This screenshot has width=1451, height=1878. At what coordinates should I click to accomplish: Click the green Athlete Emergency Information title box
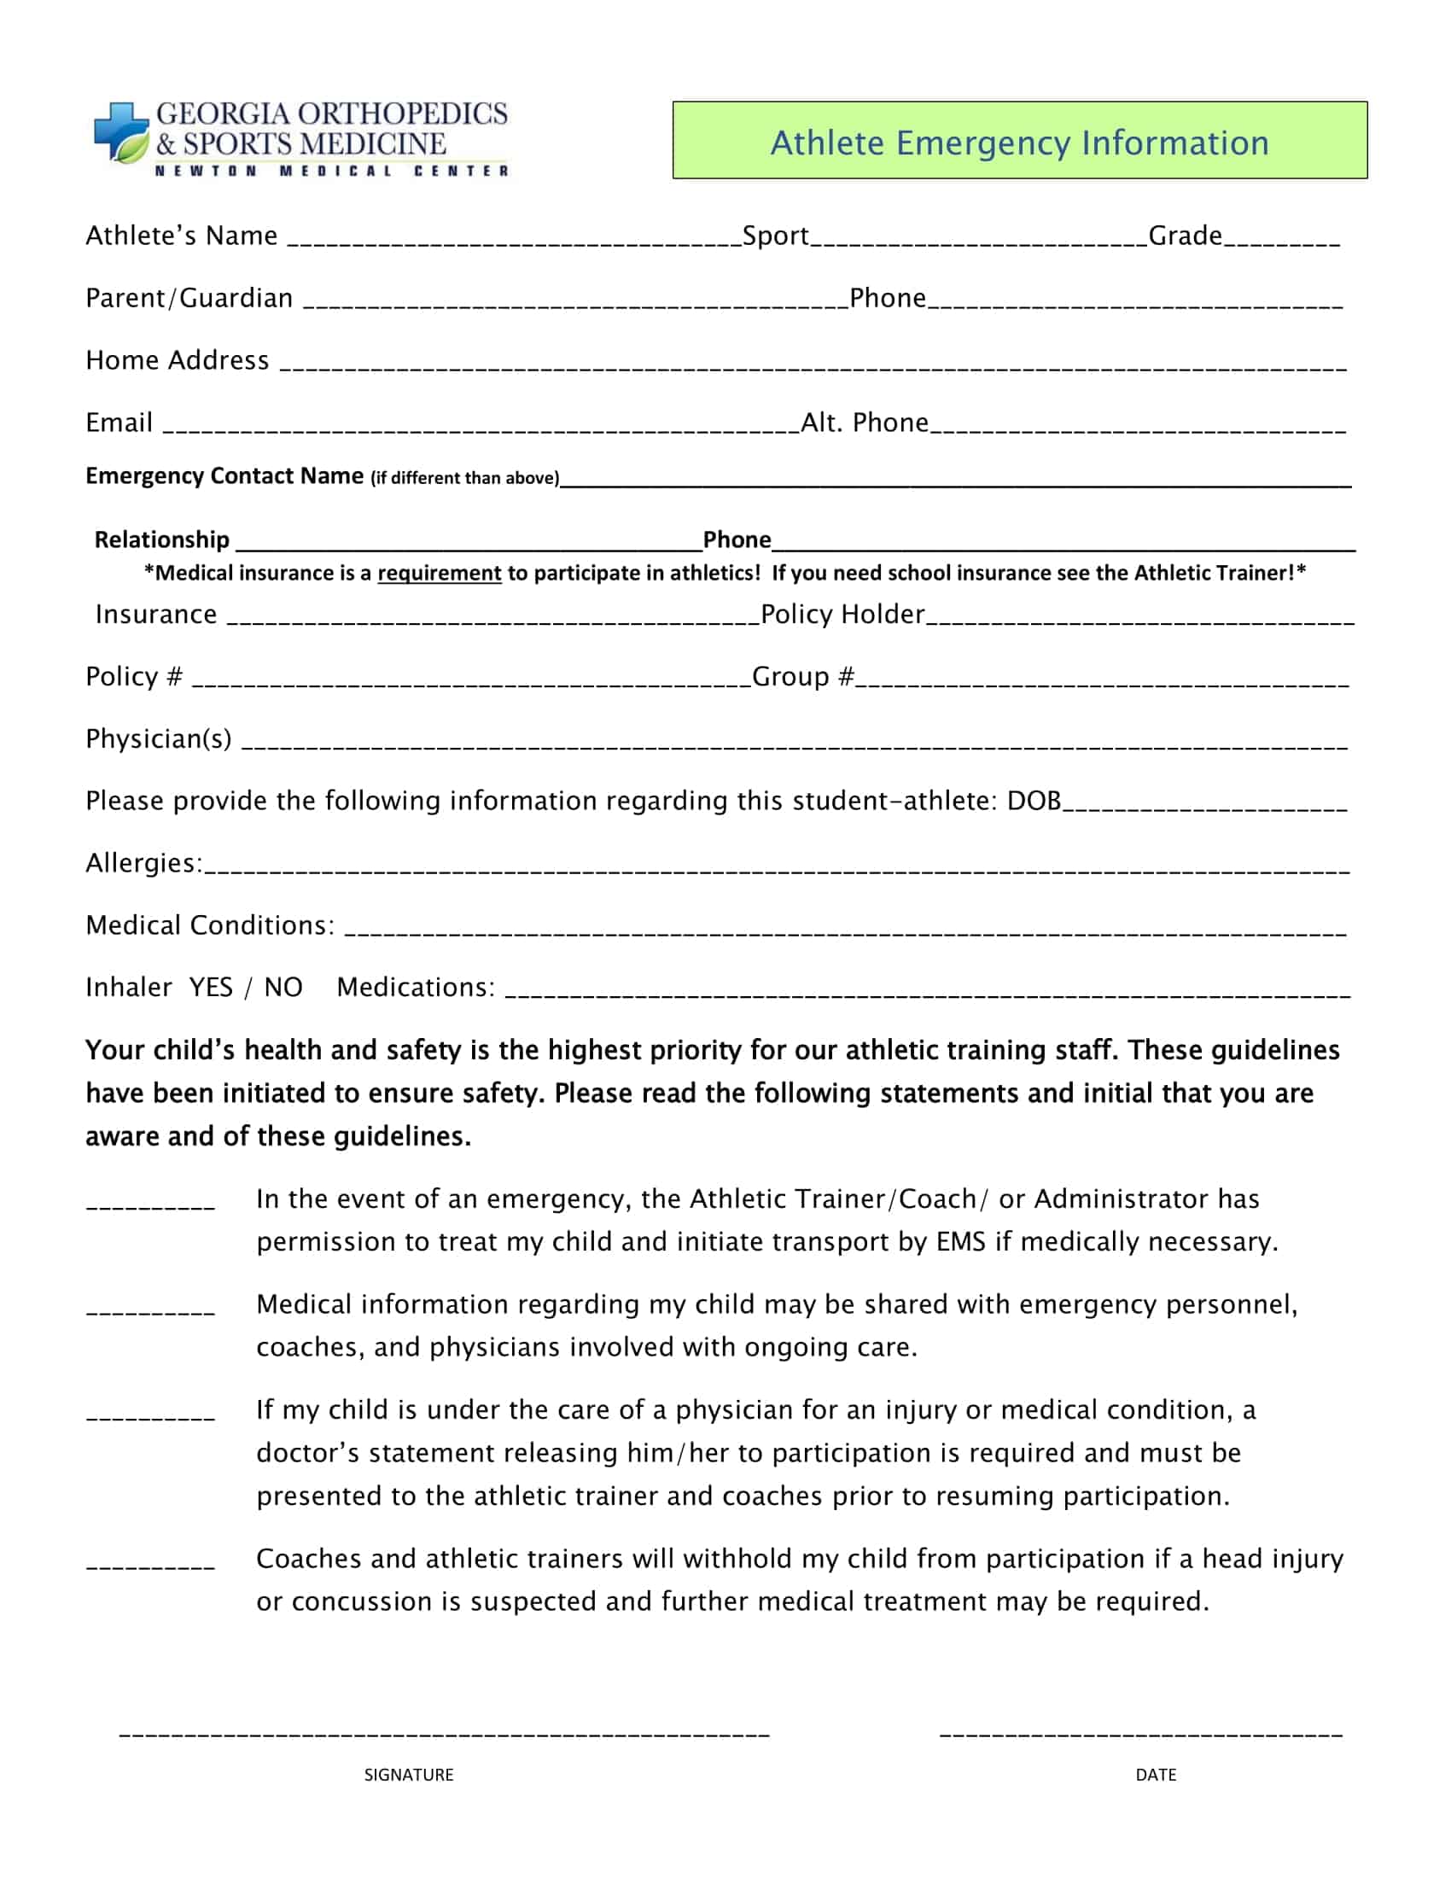[1019, 141]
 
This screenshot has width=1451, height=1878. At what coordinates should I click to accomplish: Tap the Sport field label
[774, 236]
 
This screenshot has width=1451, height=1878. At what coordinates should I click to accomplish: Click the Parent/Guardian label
[189, 299]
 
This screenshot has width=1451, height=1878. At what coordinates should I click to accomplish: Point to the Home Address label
[177, 360]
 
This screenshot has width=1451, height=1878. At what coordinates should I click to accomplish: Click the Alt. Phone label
[864, 423]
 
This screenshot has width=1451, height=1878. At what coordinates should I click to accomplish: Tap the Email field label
[119, 423]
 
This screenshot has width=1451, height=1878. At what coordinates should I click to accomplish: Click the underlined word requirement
[440, 574]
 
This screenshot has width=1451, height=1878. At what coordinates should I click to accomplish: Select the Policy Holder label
[842, 615]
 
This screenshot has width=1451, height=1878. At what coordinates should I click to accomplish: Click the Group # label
[802, 677]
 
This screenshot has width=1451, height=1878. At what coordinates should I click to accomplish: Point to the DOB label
[1034, 802]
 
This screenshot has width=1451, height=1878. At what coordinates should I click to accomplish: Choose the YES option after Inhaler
[211, 987]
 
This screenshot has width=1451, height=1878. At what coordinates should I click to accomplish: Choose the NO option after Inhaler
[283, 987]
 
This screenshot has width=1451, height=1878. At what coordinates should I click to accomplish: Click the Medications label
[415, 987]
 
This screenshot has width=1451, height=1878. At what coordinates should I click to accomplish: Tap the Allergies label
[143, 863]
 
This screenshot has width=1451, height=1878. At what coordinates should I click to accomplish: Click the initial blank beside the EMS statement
[150, 1204]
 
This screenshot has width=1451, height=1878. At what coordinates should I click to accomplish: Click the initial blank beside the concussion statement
[150, 1564]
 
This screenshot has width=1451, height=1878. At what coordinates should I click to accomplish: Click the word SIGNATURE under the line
[408, 1775]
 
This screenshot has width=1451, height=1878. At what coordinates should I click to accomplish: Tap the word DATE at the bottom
[1156, 1775]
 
